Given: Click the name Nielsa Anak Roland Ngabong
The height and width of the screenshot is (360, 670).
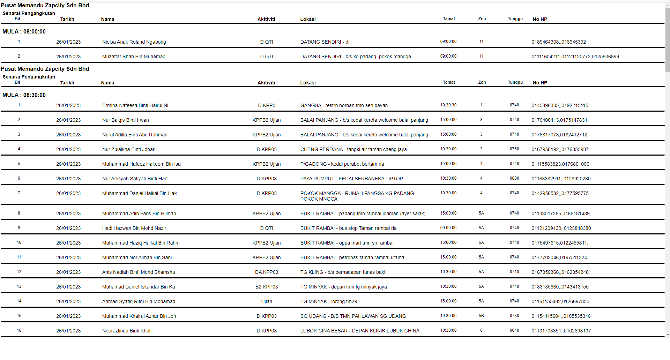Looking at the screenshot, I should coord(134,42).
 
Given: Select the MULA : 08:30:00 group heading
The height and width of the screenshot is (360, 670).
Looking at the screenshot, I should coord(24,95).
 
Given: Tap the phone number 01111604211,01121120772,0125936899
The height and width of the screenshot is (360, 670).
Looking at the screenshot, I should coord(575,57).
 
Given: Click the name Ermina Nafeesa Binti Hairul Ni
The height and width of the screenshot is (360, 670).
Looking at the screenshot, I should coord(135,105).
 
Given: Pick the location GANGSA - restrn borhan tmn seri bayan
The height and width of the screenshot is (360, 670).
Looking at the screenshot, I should coord(344,105).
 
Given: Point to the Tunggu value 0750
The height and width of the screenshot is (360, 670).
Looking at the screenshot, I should coord(514,149).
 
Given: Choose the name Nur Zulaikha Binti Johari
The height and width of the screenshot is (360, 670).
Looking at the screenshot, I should coord(129,149).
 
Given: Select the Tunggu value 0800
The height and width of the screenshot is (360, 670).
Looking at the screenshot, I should coord(514,178).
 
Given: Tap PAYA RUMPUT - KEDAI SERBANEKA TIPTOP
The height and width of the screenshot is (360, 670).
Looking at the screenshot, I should coord(351,179).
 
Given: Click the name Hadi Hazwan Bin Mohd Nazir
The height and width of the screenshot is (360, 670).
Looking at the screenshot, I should coord(134,228).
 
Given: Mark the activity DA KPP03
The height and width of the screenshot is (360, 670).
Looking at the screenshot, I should coord(267,272).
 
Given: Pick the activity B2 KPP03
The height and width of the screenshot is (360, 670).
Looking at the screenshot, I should coord(267,287).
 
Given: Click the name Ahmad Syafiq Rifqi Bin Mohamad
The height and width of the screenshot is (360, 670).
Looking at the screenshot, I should coord(139,301).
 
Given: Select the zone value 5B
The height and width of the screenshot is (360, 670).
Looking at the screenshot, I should coord(481,316).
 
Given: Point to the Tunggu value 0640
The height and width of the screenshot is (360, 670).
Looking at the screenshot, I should coord(514,330).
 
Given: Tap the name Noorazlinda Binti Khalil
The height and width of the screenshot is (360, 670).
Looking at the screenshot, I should coord(127,331).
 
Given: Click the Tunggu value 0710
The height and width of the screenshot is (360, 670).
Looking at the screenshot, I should coord(514,272).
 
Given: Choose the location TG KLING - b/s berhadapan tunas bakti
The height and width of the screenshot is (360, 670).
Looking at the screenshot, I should coord(343,272).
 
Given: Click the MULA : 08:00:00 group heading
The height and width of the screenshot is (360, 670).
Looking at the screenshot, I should coord(24,31).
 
